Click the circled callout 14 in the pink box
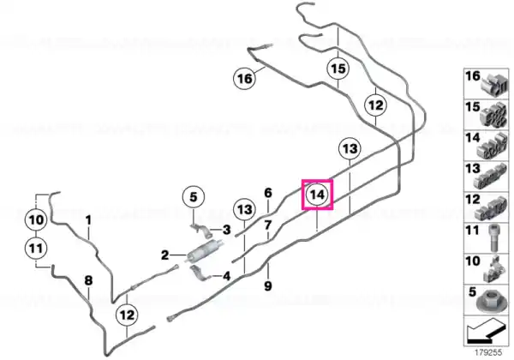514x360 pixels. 317,195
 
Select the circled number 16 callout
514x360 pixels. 244,79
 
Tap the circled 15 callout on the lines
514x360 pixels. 338,69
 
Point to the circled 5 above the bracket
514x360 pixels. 194,197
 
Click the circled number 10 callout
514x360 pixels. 36,219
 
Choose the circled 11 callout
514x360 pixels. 36,249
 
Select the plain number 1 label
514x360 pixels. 88,220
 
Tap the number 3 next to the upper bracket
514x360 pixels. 226,230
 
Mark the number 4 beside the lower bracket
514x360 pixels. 226,276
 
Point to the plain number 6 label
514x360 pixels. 268,193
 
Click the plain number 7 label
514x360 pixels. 268,225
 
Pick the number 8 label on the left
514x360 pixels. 88,280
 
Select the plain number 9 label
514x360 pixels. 268,286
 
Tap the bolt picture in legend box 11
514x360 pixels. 493,237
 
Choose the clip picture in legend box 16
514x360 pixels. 494,85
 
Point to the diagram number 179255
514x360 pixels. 489,352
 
